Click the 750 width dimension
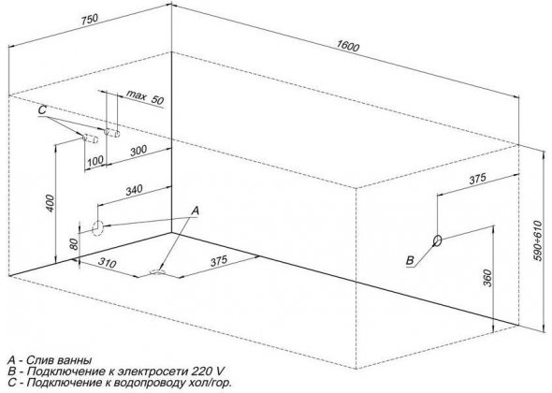(x=89, y=20)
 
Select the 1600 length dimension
(x=348, y=46)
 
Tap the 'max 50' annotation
(x=145, y=96)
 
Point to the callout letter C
(x=42, y=109)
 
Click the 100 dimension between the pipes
(x=95, y=161)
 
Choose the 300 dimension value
(x=138, y=151)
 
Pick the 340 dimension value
(x=134, y=190)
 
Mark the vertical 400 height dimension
(x=51, y=203)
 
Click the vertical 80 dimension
(x=74, y=244)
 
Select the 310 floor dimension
(x=107, y=263)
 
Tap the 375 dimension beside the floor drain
(x=219, y=261)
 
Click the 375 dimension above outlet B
(x=477, y=179)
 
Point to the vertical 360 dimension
(x=487, y=278)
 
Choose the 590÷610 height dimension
(x=537, y=240)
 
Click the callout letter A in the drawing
(x=195, y=211)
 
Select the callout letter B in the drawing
(x=410, y=260)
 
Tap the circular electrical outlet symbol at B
(x=437, y=240)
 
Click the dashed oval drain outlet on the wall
(x=97, y=228)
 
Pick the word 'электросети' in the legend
(x=153, y=371)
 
